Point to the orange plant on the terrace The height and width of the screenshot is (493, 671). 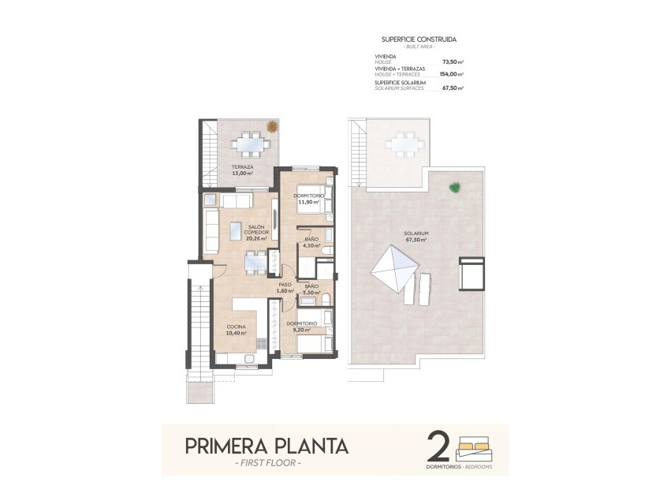click(272, 125)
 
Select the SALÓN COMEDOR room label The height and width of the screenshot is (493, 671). click(255, 230)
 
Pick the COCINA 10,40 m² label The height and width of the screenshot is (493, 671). click(237, 330)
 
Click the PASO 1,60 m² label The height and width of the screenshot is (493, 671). click(285, 288)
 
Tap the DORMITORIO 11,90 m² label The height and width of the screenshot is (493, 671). click(306, 199)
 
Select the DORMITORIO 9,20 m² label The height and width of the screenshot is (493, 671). click(302, 327)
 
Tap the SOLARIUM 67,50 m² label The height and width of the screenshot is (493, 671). click(416, 237)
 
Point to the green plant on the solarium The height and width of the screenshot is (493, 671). click(454, 187)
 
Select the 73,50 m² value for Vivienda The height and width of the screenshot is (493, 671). click(452, 62)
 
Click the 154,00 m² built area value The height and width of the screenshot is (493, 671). click(450, 74)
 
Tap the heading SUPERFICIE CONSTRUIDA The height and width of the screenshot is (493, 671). click(419, 39)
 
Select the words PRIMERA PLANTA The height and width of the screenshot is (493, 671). click(267, 446)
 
